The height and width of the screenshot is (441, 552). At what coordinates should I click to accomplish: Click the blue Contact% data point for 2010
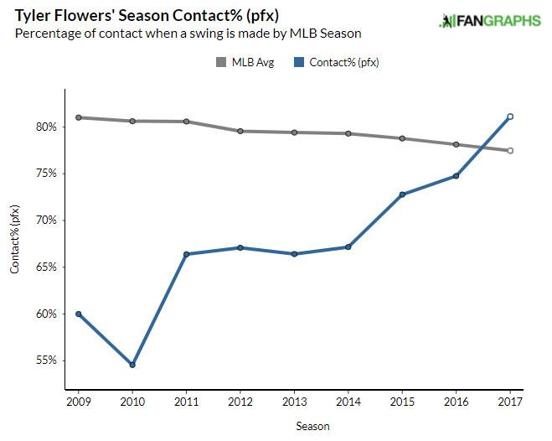coord(132,365)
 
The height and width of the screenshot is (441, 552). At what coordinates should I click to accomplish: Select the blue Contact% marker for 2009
coord(79,314)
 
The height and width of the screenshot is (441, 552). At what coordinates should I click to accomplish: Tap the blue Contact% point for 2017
coord(510,117)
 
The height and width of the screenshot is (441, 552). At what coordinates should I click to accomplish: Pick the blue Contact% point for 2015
coord(402,195)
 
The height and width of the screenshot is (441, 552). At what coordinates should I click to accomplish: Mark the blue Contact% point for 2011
coord(186,254)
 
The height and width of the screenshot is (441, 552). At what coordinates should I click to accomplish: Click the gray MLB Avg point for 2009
coord(79,117)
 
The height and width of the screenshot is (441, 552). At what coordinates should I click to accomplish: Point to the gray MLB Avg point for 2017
coord(510,151)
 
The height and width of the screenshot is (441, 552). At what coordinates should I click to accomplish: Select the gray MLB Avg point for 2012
coord(240,131)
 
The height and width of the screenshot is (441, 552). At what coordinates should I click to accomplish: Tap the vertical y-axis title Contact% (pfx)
coord(14,243)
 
